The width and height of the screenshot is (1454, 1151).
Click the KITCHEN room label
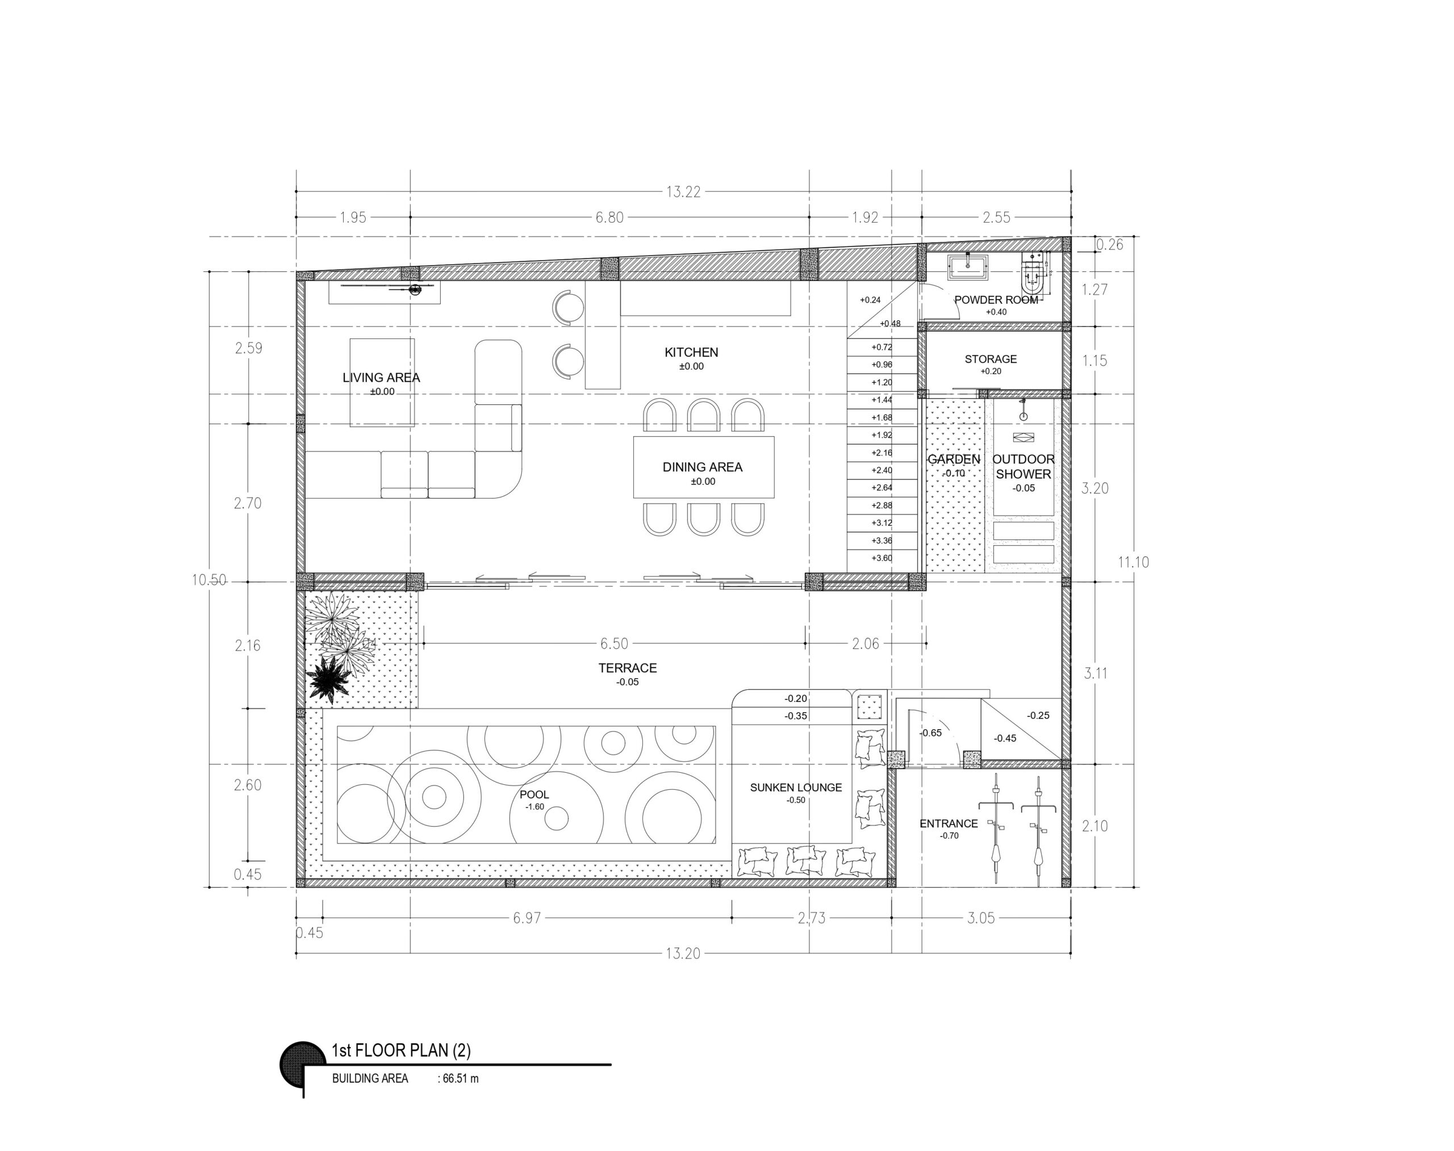pos(691,351)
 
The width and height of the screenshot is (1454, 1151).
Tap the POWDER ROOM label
pos(996,300)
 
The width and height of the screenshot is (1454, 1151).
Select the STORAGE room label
pos(990,359)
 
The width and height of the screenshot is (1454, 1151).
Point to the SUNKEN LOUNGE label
pos(795,787)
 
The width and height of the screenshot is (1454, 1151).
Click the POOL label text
pos(534,794)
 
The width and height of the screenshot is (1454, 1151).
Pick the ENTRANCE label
pos(949,823)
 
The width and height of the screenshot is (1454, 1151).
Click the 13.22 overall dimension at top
pos(683,192)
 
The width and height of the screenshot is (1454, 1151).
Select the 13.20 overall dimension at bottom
pos(683,953)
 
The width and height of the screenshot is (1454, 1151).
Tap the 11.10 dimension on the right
pos(1133,562)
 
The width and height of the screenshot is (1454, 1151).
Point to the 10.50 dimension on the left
pos(209,580)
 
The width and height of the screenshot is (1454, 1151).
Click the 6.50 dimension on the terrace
pos(614,643)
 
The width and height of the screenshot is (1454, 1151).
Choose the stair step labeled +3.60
pos(881,558)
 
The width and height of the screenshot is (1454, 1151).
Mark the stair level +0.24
pos(870,300)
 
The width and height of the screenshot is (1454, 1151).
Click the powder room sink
pos(967,267)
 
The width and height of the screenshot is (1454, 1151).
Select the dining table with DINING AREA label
pos(703,467)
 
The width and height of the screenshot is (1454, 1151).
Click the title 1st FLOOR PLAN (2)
pos(401,1050)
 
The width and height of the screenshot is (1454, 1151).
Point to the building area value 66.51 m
pos(461,1078)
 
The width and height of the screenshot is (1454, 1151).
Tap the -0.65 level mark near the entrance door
pos(931,733)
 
